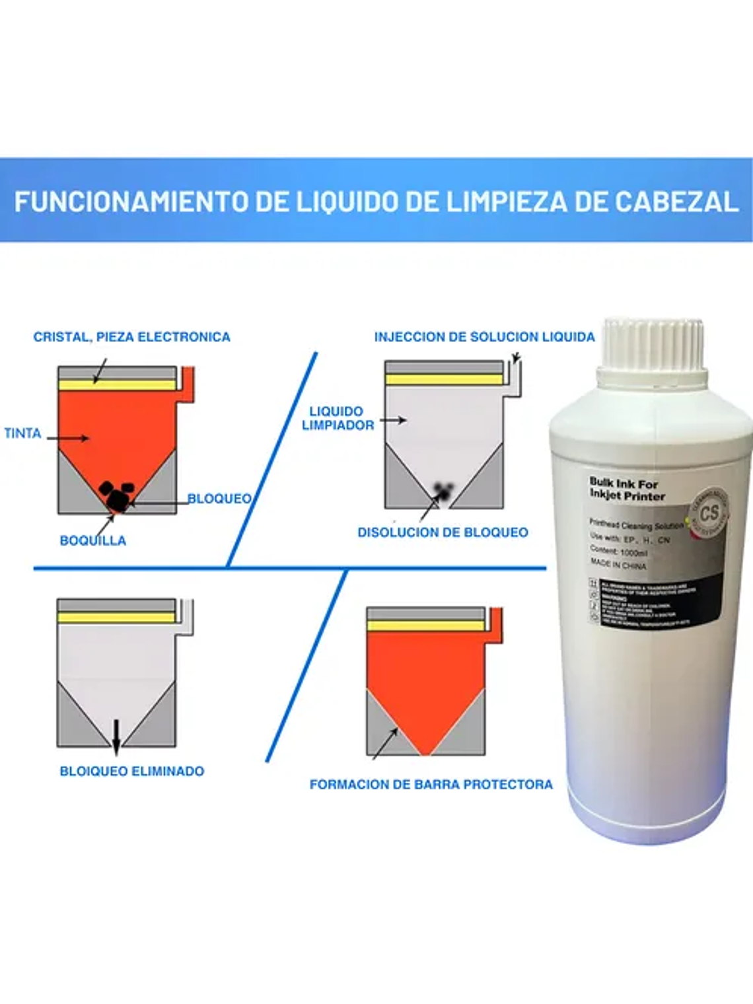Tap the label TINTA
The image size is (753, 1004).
point(22,433)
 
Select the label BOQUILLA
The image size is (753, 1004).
point(92,540)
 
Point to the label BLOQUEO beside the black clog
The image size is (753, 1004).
point(219,498)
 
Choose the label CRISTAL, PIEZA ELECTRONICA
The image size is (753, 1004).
point(131,337)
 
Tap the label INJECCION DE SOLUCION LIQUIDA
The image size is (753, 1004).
point(484,337)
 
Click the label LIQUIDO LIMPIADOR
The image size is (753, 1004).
point(338,418)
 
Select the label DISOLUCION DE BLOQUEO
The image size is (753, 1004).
point(443,532)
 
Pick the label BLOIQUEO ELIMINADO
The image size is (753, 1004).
point(131,771)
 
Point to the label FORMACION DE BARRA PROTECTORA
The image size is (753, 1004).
point(431,785)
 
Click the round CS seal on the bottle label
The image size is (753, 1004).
point(709,513)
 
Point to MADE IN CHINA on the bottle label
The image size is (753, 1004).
point(618,565)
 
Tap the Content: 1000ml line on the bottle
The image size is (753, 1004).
point(618,551)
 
